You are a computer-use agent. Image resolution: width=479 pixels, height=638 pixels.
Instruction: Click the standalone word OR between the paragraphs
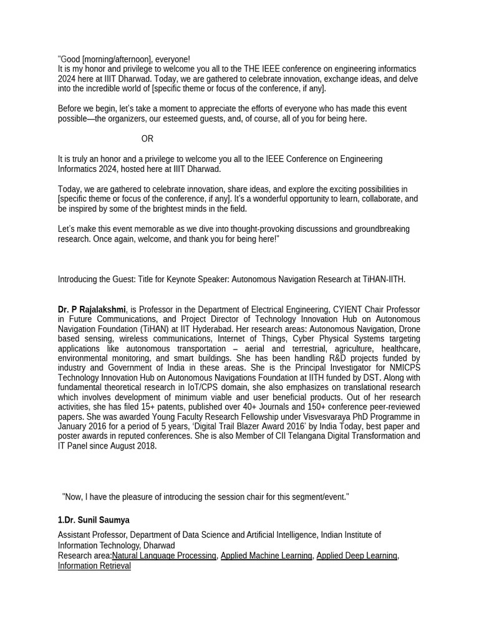coord(147,139)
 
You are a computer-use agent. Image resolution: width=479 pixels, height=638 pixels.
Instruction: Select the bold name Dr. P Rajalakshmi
coord(92,310)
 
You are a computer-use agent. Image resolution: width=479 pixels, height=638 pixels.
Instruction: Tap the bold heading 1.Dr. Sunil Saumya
coord(94,520)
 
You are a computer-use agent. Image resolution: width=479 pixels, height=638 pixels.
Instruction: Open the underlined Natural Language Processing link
coord(164,556)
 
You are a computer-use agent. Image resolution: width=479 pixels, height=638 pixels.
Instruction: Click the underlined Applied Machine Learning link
coord(266,556)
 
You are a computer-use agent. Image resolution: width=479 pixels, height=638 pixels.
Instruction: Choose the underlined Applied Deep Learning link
coord(357,556)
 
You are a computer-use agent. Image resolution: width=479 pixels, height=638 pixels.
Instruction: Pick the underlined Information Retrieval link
coord(94,566)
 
